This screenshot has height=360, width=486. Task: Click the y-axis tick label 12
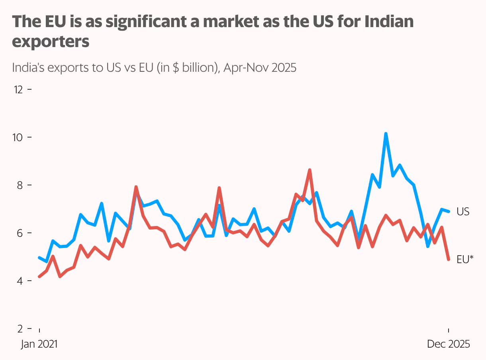[x=18, y=89]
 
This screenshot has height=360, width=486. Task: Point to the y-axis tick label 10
[x=18, y=137]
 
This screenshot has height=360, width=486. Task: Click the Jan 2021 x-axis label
[x=39, y=344]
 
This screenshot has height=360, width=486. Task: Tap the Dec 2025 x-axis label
[x=448, y=344]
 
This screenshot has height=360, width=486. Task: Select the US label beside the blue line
[x=463, y=212]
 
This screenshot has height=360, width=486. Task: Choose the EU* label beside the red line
[x=465, y=260]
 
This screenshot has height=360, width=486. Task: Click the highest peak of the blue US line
[x=386, y=134]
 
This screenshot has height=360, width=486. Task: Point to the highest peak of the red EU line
[x=310, y=170]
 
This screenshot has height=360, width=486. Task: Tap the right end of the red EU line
[x=449, y=260]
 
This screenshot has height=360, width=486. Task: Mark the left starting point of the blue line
[x=39, y=258]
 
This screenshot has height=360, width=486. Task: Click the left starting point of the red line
[x=39, y=276]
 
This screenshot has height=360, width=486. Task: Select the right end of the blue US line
[x=449, y=211]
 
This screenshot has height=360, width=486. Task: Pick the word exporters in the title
[x=51, y=41]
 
